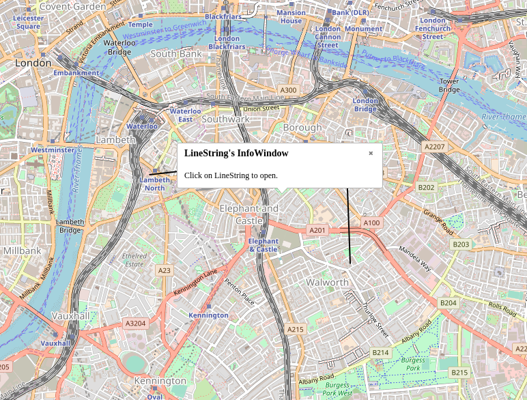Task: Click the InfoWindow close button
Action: point(371,153)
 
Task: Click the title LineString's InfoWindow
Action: point(236,153)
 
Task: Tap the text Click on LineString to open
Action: point(231,175)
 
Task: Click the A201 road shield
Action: point(317,230)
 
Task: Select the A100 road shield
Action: point(371,223)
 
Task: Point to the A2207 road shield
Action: point(434,147)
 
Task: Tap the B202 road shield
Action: point(426,187)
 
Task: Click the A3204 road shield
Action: point(135,324)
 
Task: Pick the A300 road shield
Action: point(288,90)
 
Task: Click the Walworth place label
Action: point(327,282)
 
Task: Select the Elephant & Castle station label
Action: point(263,245)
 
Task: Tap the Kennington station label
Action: point(209,315)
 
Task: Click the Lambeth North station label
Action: point(154,184)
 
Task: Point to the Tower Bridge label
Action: point(449,85)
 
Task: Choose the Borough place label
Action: point(302,128)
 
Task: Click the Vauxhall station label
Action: point(55,343)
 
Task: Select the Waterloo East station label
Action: point(185,115)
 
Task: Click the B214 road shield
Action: point(380,352)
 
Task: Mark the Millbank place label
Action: point(22,251)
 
